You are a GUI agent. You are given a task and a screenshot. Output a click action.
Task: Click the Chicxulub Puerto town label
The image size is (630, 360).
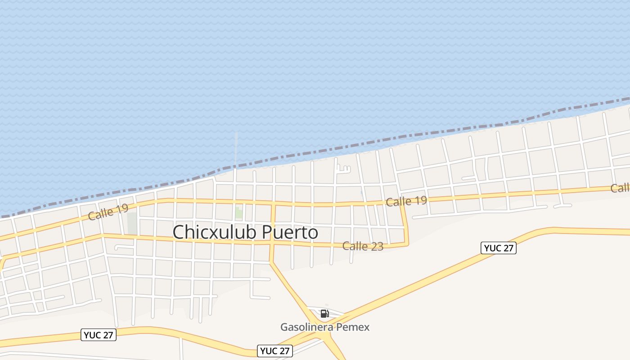pos(245,232)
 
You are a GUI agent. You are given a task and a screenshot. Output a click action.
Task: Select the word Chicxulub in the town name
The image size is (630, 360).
pos(215,232)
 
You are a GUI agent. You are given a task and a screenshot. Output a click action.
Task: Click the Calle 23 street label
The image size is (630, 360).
pos(363,246)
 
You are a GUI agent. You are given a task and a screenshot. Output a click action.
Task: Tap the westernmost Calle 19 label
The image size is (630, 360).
pos(108,212)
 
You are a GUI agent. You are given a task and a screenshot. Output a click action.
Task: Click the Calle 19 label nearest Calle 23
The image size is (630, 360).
pos(406,201)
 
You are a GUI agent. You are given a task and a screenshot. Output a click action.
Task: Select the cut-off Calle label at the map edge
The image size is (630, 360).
pos(620,188)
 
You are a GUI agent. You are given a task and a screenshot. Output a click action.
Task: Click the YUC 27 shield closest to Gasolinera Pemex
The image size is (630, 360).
pos(275,351)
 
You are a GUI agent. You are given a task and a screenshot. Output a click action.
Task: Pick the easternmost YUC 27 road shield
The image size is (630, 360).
pos(498,248)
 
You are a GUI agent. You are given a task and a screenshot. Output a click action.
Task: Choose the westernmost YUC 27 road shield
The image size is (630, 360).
pos(99,335)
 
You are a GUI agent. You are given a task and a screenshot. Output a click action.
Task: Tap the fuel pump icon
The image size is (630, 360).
pos(324,314)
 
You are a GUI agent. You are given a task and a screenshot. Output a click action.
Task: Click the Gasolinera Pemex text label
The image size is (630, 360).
pos(325,327)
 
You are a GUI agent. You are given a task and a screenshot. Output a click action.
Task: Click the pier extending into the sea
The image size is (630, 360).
pos(235,148)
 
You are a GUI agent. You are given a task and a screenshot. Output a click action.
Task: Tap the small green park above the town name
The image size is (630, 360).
pos(239,213)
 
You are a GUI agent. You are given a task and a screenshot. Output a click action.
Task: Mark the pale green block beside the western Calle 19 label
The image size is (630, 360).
pos(132,223)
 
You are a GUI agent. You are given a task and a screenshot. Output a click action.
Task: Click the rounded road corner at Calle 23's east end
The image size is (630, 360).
pos(407,242)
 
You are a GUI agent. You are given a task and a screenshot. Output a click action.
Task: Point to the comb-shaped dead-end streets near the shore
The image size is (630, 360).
pos(343,169)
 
